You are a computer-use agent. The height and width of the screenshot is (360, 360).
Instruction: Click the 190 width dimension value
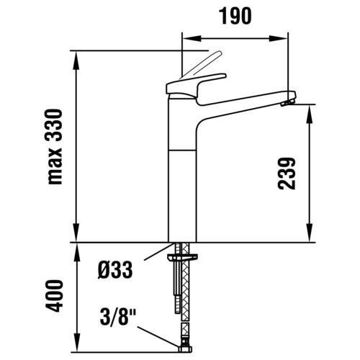click(236, 16)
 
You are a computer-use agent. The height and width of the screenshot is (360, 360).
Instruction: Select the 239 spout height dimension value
click(287, 174)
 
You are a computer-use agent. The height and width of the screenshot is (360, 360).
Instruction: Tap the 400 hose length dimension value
click(54, 296)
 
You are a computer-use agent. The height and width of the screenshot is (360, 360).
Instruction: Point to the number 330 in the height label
click(54, 125)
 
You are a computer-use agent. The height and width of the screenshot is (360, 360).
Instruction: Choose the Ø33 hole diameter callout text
click(115, 270)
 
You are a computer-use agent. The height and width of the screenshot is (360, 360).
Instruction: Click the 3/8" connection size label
click(118, 317)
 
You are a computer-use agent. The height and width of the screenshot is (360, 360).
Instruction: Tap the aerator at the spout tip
click(287, 103)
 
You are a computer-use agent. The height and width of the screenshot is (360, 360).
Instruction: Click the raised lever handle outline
click(202, 65)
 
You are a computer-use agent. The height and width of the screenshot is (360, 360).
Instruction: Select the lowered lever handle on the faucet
click(196, 89)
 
